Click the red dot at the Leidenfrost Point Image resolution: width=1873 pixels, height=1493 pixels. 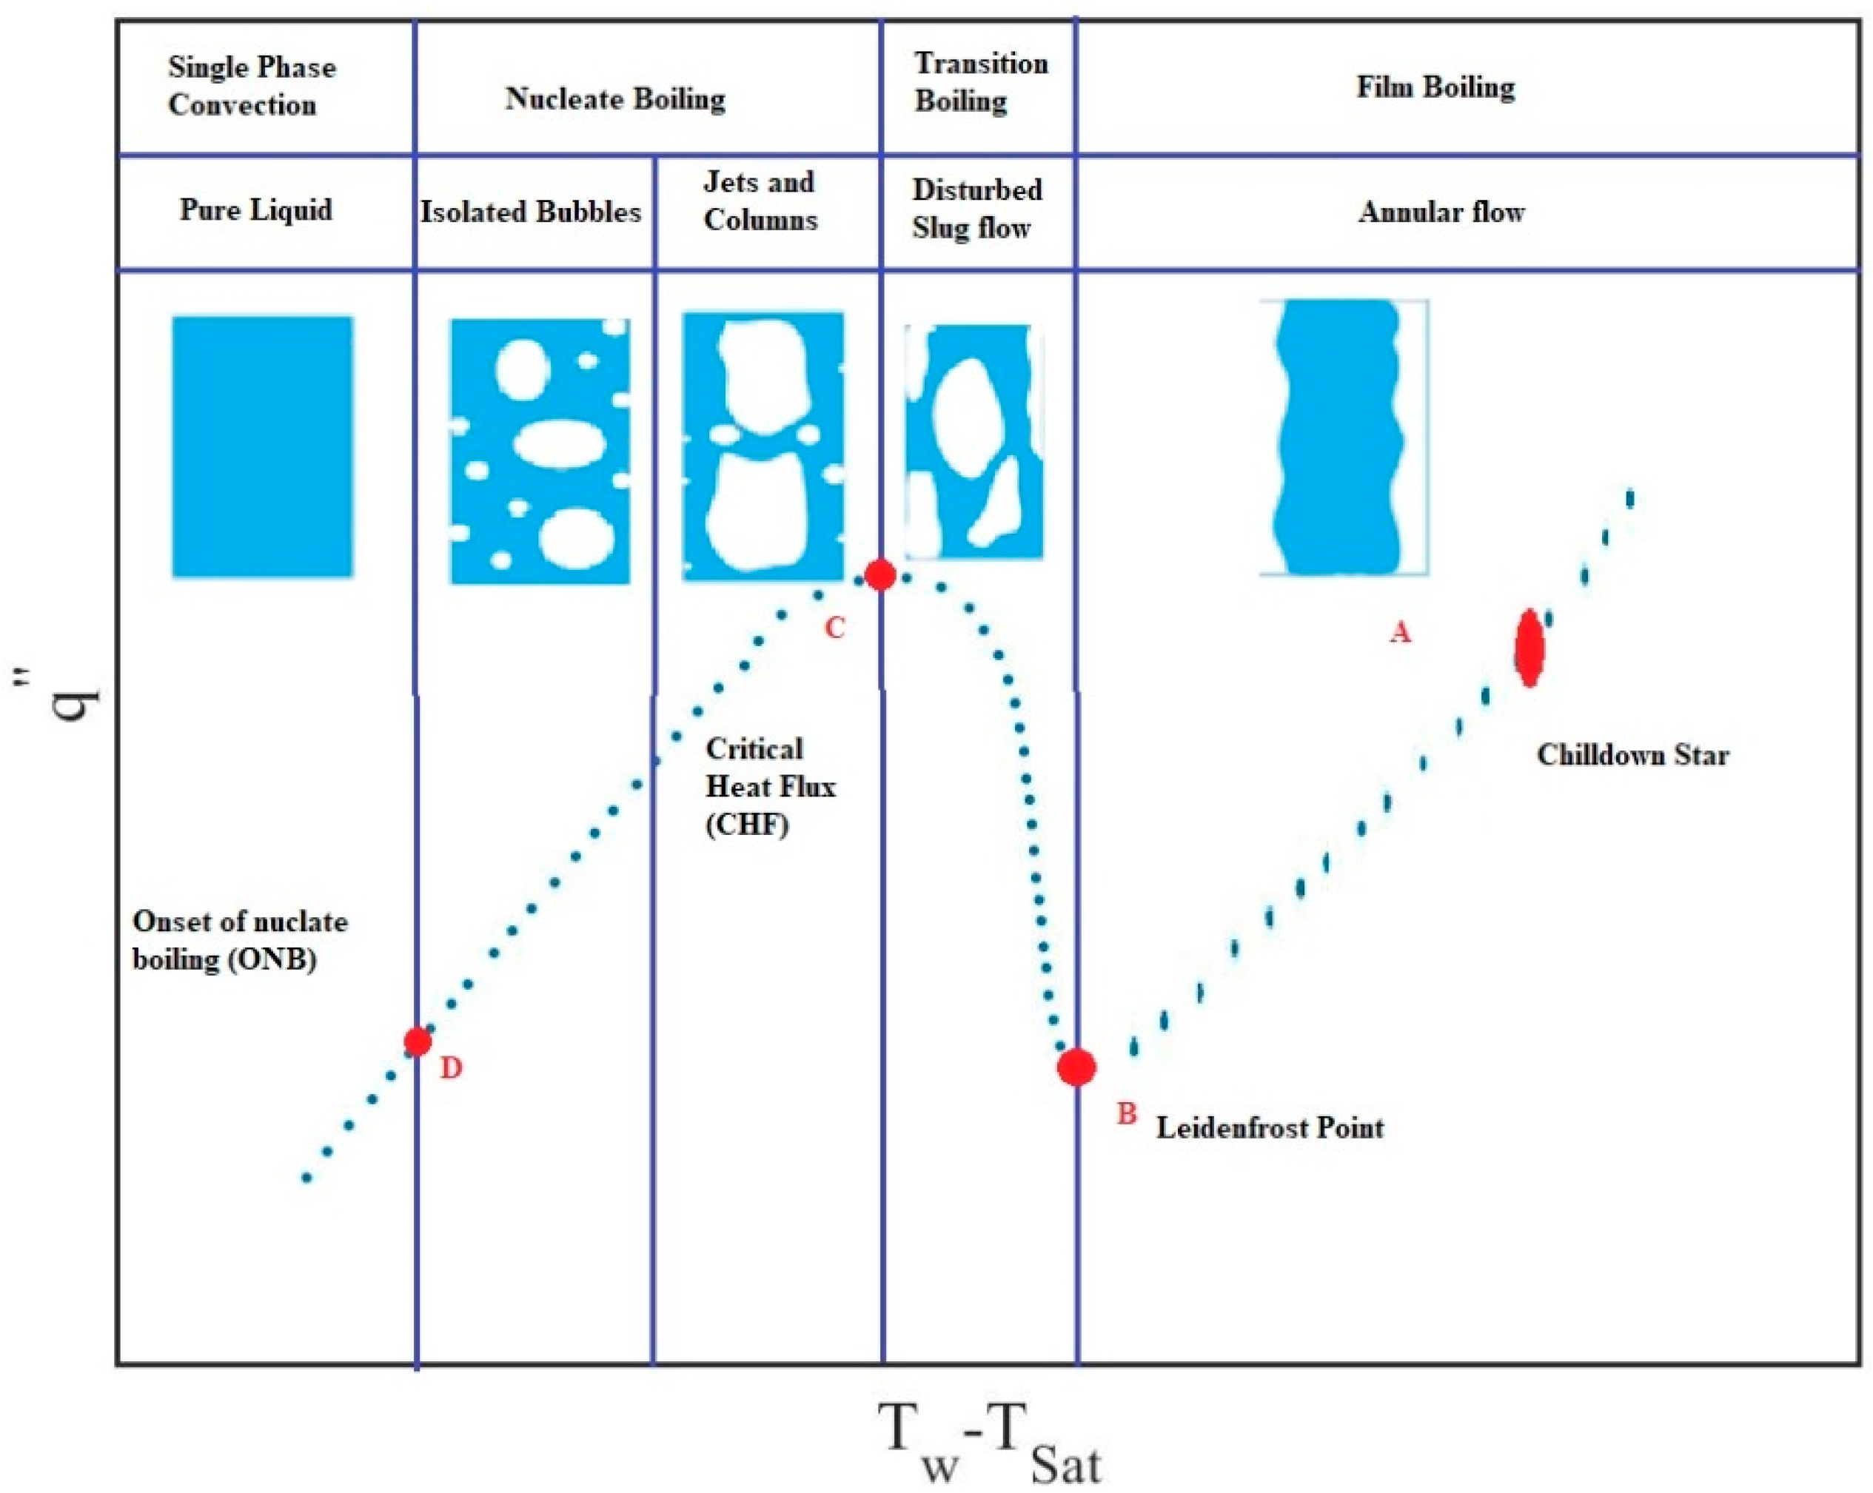[1076, 1067]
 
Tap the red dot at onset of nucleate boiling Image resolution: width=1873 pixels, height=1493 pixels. [418, 1041]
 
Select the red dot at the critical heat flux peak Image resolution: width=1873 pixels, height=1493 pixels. [880, 575]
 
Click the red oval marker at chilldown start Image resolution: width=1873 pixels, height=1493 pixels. [1529, 648]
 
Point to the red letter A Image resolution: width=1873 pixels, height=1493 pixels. [1399, 633]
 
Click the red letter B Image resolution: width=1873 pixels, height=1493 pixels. [1126, 1113]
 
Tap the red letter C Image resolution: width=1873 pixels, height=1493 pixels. [834, 628]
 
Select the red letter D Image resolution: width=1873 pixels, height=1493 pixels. [450, 1068]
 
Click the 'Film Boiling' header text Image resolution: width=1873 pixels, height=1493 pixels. [1435, 88]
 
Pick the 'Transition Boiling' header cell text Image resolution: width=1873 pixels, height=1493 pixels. [980, 82]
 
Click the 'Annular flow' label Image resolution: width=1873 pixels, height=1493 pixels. [1441, 212]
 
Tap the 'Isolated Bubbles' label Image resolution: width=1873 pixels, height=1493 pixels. [531, 212]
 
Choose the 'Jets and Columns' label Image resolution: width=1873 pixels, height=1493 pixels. [760, 201]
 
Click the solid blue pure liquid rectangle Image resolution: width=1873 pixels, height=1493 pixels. [262, 446]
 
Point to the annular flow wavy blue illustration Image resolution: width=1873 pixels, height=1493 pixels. [1338, 437]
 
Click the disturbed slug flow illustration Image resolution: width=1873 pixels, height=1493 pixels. [973, 441]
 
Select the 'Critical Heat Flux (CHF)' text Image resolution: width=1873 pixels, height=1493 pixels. [769, 787]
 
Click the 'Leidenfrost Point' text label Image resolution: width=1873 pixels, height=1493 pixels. [1269, 1128]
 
